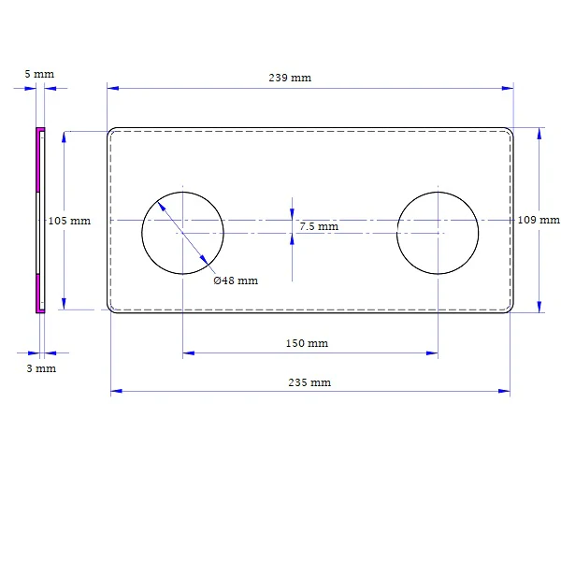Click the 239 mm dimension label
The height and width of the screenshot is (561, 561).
tap(290, 78)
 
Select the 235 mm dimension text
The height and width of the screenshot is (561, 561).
tap(309, 382)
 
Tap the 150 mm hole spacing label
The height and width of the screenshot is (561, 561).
tap(307, 343)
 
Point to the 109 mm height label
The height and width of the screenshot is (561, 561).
tap(539, 220)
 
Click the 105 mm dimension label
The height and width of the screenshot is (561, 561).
tap(69, 221)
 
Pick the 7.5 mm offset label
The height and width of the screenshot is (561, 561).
tap(319, 226)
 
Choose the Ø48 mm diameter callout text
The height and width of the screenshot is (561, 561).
tap(236, 280)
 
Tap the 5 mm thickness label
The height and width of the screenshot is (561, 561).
tap(39, 74)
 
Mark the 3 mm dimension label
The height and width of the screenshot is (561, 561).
tap(41, 368)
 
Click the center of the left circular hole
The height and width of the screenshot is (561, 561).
tap(183, 233)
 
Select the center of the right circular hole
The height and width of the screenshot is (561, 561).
tap(438, 233)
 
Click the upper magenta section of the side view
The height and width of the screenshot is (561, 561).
tap(37, 160)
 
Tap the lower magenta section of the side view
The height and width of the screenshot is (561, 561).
tap(38, 294)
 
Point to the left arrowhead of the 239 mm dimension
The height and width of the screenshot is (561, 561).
tap(113, 88)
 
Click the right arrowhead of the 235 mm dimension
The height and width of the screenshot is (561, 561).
tap(504, 391)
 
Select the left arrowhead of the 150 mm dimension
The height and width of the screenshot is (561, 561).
tap(189, 353)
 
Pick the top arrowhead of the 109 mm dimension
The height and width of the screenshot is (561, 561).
tap(539, 134)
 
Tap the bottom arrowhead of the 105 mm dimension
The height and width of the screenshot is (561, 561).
tap(64, 304)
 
